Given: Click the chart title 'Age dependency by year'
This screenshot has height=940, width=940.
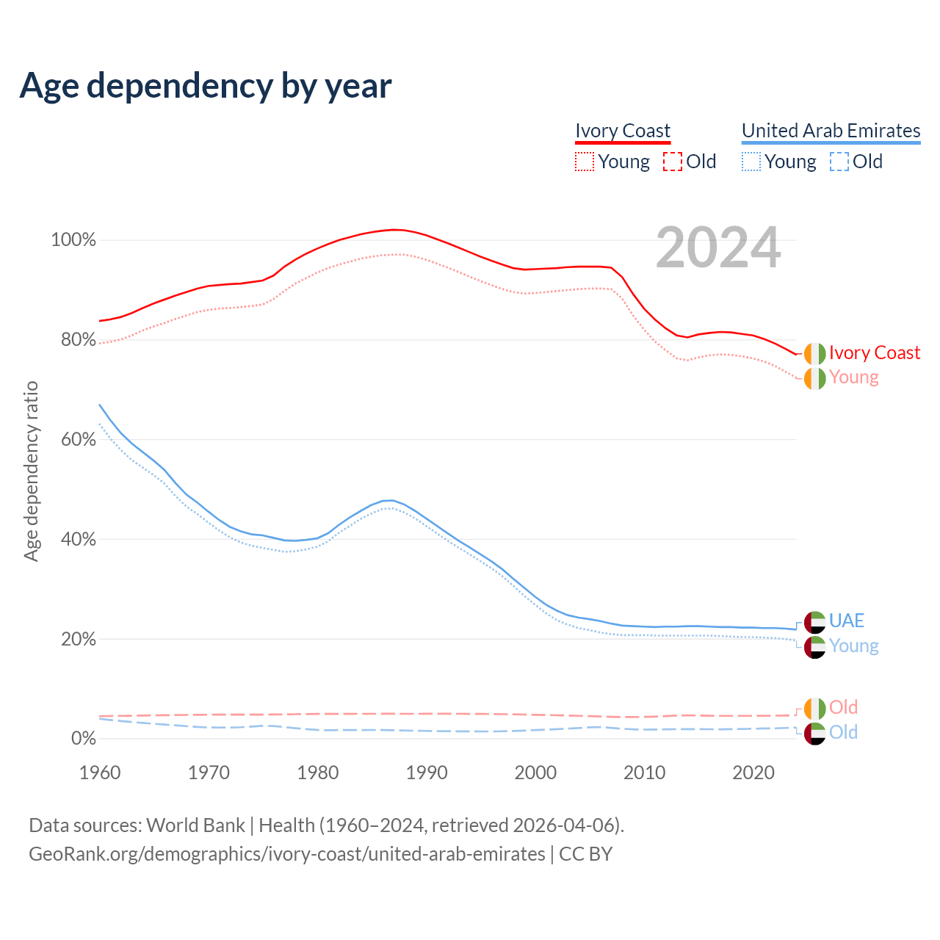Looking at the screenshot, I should tap(206, 86).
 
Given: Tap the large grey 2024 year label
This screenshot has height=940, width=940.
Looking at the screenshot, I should tap(718, 248).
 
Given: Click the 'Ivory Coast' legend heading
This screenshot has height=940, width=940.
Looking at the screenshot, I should tap(622, 131).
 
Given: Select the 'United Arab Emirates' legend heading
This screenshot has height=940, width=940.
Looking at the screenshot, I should tap(831, 131).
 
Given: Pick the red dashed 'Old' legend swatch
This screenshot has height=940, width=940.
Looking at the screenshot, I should tap(673, 162).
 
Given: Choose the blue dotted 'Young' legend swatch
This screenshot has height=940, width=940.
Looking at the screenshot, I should tap(751, 162).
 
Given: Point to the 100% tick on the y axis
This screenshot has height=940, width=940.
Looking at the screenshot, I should tap(73, 240).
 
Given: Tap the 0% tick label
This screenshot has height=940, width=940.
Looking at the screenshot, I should tap(83, 739).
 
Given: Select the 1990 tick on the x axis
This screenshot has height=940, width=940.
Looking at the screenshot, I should tap(427, 773).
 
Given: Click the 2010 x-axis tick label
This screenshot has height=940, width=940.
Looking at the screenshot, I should tap(644, 773).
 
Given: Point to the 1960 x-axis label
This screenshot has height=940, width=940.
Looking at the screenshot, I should tap(100, 773).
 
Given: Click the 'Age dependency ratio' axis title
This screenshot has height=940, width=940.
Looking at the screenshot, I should tap(31, 471).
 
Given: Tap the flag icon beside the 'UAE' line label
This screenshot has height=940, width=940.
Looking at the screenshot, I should tap(814, 622).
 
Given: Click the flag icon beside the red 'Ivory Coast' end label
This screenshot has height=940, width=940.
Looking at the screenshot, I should tap(814, 353).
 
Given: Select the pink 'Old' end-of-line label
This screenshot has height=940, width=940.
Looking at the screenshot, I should tap(843, 707).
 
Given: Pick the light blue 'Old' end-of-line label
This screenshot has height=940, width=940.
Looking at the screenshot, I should tap(843, 732).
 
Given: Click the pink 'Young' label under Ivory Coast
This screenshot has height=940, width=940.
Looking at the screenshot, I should tap(853, 377).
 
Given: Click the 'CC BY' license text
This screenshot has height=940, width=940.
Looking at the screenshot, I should tap(585, 854).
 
